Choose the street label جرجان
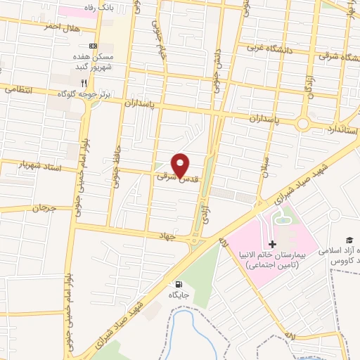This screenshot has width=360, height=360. tap(43, 208)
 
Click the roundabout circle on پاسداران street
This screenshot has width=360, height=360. tap(303, 124)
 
